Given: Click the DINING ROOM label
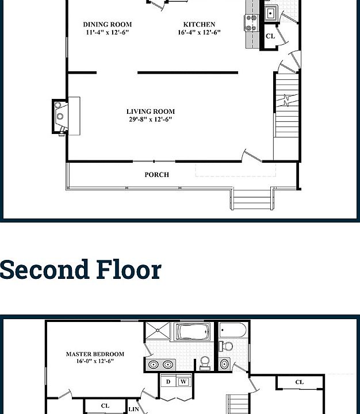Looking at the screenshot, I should pos(107,25).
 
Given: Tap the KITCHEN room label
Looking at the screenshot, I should pos(199,25).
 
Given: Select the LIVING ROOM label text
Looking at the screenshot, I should pos(151,112).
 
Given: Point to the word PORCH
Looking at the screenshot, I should pos(156,174).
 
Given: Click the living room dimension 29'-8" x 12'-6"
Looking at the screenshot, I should pos(151,120).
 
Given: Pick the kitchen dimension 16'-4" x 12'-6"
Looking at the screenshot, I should pos(199,33).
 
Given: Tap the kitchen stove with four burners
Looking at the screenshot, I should pos(251,23).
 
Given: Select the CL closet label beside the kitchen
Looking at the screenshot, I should pos(270,36).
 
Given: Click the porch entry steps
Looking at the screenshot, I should pos(251,200).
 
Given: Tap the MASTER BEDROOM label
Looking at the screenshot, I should pos(95,354).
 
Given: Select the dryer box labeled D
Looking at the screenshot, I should pos(168,381).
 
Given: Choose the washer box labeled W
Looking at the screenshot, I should pos(183,381).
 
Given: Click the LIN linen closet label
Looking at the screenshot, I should pos(134,409).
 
